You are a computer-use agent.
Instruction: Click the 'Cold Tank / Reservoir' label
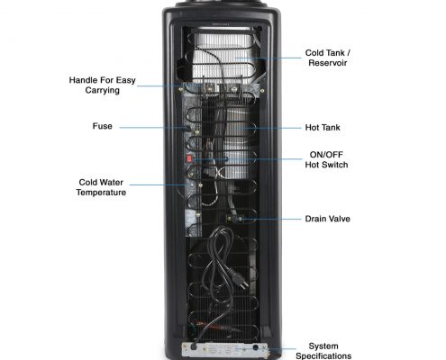(x=328, y=58)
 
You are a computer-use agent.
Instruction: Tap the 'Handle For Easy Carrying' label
(x=103, y=85)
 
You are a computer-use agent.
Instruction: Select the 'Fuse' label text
(x=103, y=126)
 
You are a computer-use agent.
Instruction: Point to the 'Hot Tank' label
(x=323, y=128)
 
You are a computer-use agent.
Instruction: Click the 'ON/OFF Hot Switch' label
(x=326, y=159)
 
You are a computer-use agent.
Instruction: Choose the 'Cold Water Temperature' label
(x=101, y=187)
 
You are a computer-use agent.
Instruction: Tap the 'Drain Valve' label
(x=327, y=219)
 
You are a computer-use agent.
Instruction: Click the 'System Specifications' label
(x=323, y=351)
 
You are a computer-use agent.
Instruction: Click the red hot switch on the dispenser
(x=189, y=158)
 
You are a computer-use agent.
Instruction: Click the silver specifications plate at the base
(x=224, y=350)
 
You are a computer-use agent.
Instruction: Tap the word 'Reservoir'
(x=328, y=63)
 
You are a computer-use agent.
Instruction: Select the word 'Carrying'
(x=103, y=90)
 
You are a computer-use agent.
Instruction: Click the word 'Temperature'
(x=101, y=193)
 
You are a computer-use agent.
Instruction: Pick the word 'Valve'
(x=339, y=219)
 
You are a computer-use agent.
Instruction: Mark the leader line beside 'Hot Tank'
(x=269, y=128)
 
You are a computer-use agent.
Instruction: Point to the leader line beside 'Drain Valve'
(x=271, y=220)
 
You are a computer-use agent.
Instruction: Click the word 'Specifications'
(x=323, y=356)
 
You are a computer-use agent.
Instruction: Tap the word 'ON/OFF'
(x=326, y=155)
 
